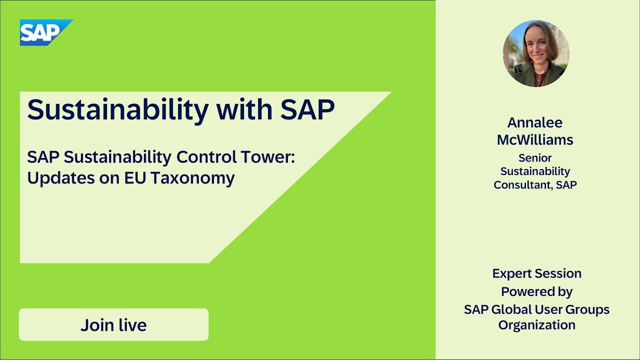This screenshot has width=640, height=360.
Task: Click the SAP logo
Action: click(x=46, y=32)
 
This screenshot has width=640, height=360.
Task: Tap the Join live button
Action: click(x=113, y=325)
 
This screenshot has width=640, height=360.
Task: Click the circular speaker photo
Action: click(x=536, y=53)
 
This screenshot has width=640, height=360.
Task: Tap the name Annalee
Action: click(x=535, y=122)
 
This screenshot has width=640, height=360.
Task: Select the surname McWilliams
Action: click(x=535, y=140)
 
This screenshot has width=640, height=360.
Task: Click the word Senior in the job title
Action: click(x=535, y=158)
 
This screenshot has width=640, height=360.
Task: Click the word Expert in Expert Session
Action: click(x=509, y=273)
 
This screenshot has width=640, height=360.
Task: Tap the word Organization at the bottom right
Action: click(x=536, y=325)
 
